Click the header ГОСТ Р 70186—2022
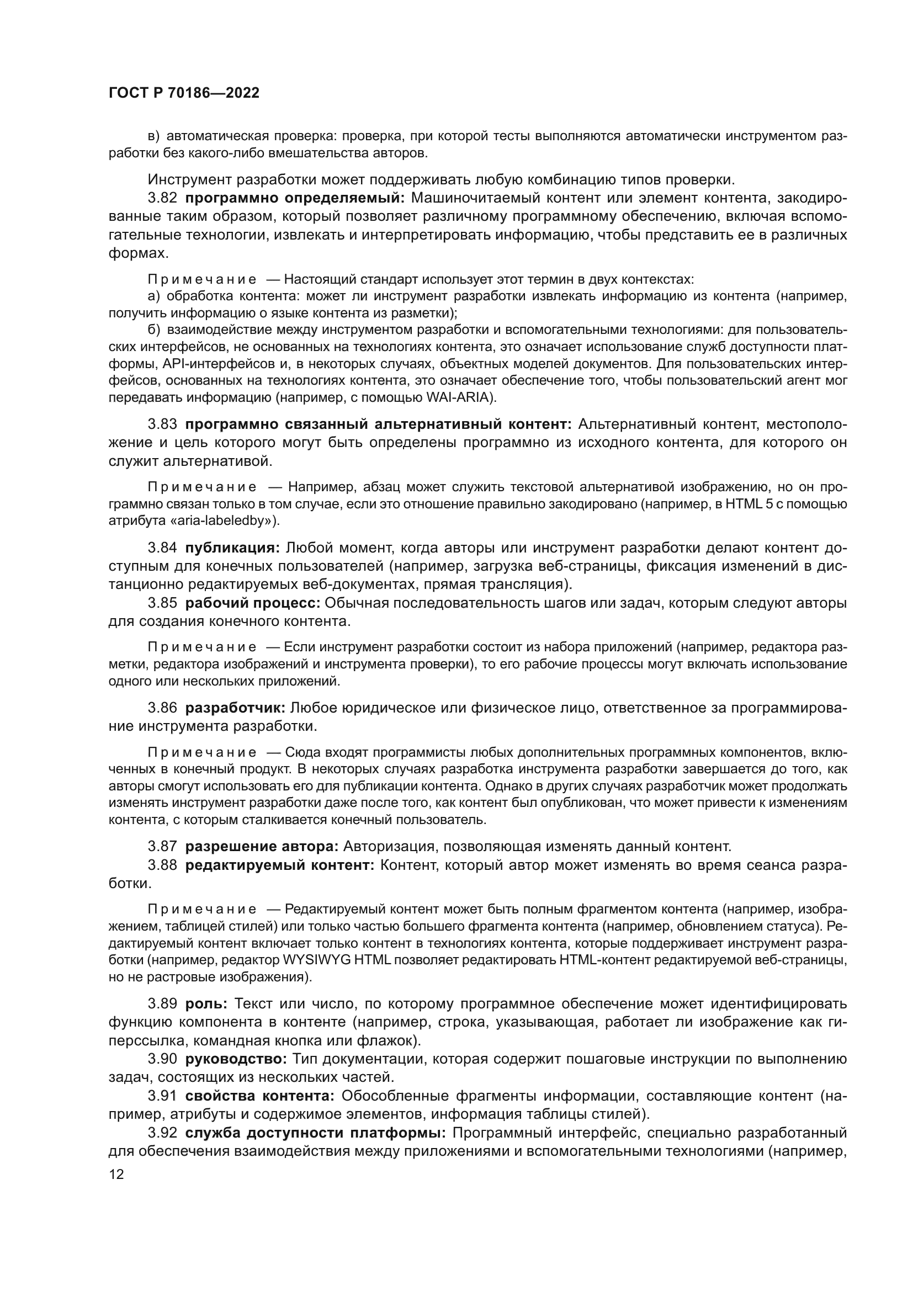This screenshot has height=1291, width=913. point(184,93)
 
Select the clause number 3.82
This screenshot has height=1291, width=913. point(162,198)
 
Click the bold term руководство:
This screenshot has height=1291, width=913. point(236,1059)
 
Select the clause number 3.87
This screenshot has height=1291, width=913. point(162,846)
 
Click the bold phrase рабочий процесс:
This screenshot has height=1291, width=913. point(252,603)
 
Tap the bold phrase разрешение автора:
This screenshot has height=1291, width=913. point(262,846)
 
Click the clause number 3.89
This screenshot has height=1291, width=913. point(162,1003)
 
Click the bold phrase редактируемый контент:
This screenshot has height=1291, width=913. point(279,865)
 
